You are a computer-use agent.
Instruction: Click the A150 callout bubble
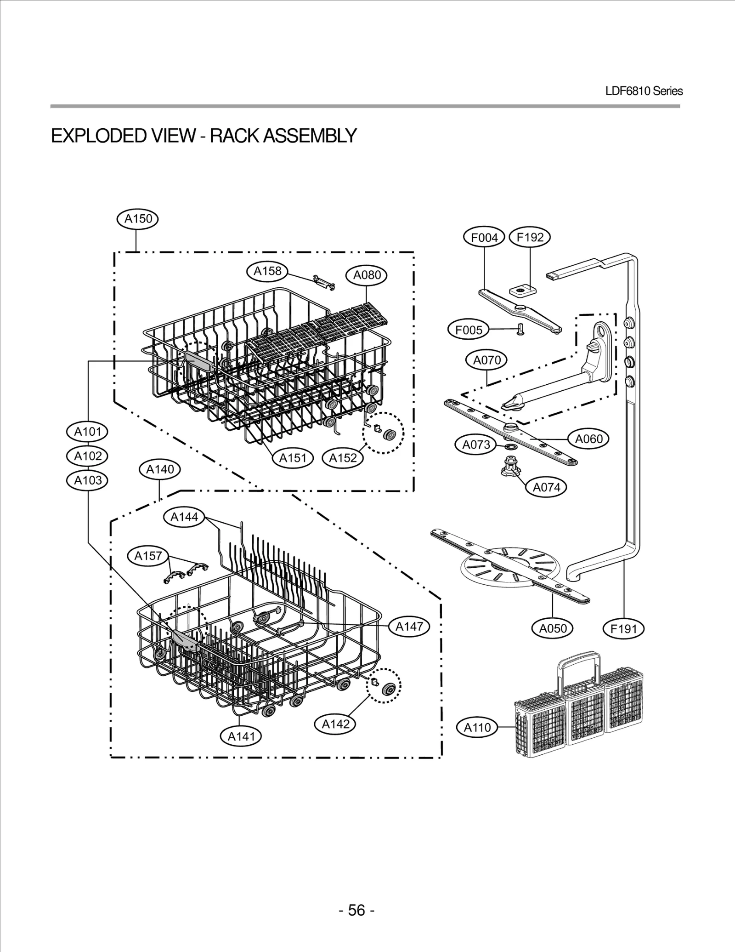click(x=138, y=219)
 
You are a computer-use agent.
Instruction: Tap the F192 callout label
click(x=530, y=237)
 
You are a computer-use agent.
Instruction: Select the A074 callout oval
click(x=546, y=487)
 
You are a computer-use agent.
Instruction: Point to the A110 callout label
click(x=477, y=727)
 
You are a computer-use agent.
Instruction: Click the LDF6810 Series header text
click(x=644, y=91)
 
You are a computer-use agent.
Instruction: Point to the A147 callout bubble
click(x=409, y=626)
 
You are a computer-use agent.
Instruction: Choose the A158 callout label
click(x=267, y=271)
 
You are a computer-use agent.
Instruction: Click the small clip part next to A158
click(x=324, y=282)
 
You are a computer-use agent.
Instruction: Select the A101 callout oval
click(x=88, y=432)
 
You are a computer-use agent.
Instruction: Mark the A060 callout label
click(x=588, y=439)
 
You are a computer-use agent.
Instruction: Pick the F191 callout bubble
click(x=623, y=628)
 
